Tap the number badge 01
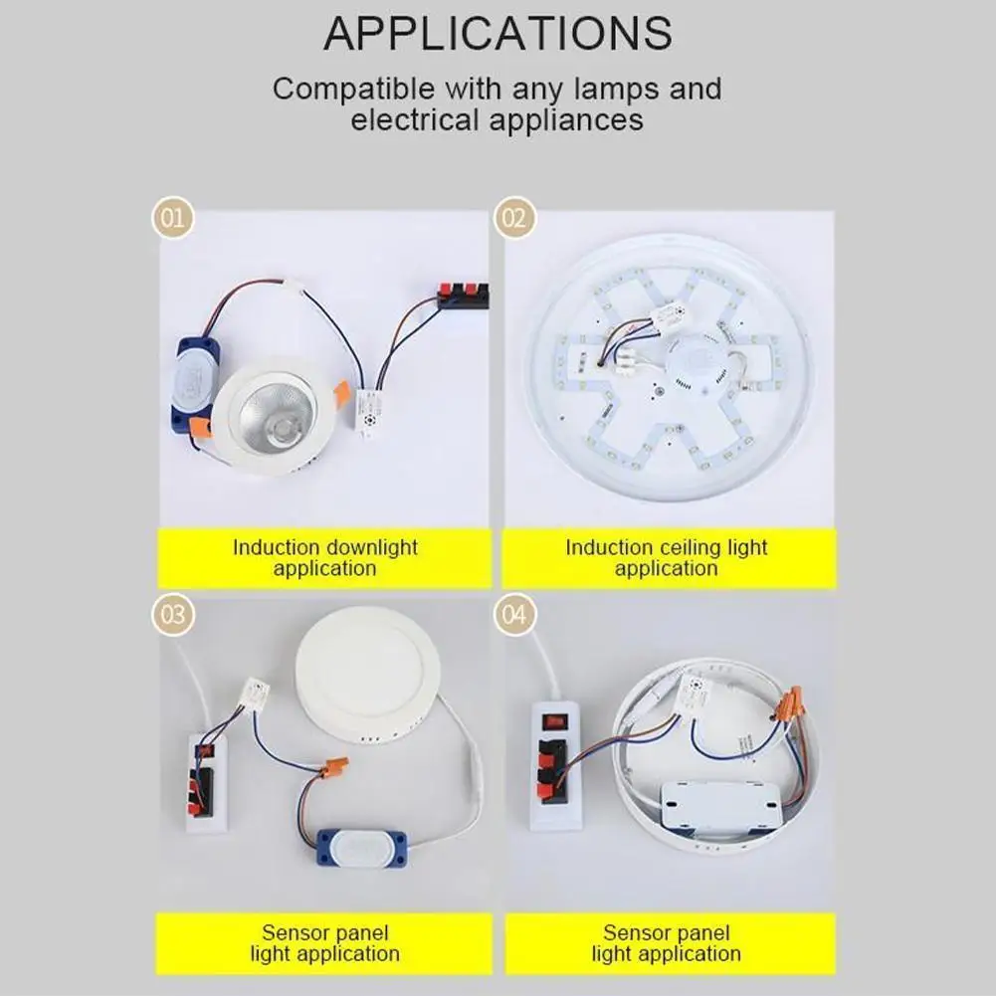click(x=173, y=218)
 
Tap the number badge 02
click(x=513, y=218)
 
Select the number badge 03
click(x=173, y=614)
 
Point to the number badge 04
click(x=513, y=614)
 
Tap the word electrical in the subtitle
click(x=415, y=120)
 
